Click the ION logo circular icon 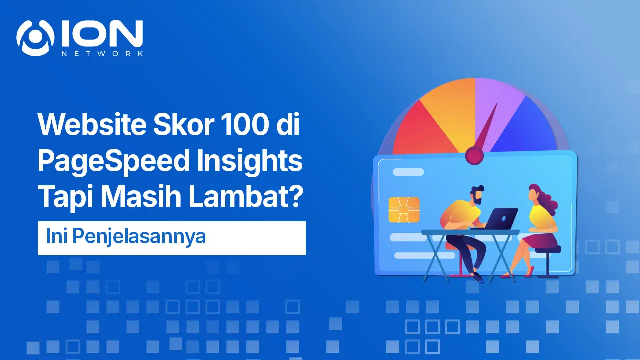(35, 38)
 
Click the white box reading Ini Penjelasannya (171, 238)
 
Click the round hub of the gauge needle (474, 155)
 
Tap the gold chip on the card (404, 209)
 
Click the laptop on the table (500, 218)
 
